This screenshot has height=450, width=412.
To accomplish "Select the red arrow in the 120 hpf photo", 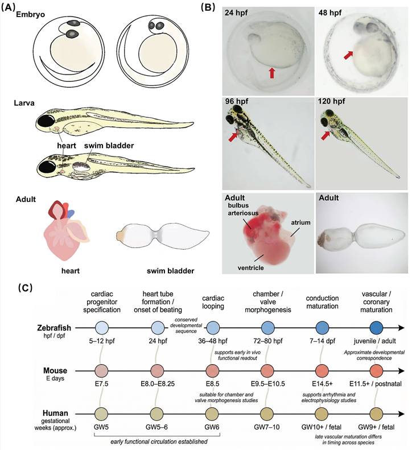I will point(326,135).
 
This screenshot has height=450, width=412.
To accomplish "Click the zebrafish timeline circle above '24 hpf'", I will point(159,328).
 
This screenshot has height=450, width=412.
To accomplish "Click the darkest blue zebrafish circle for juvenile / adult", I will point(376,328).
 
